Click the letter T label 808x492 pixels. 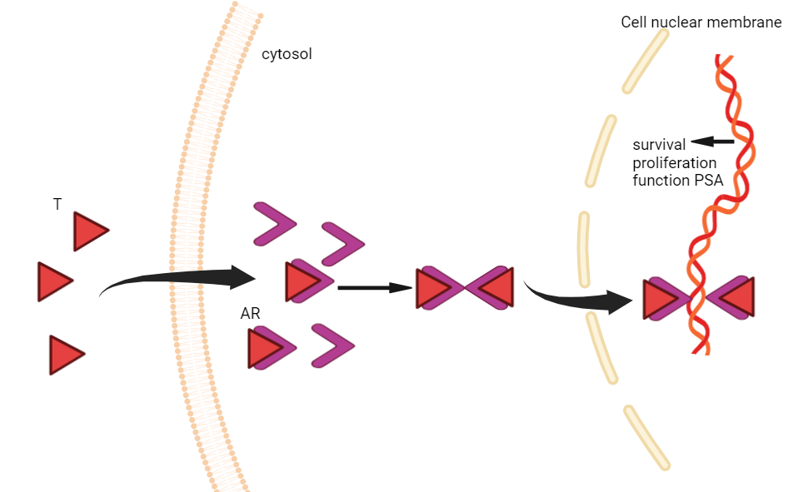(x=57, y=204)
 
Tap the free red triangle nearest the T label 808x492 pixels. (x=88, y=231)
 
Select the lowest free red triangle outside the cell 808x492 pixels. (x=64, y=355)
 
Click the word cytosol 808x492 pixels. (x=287, y=55)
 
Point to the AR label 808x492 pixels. (x=251, y=314)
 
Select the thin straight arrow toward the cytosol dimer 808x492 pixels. (x=375, y=288)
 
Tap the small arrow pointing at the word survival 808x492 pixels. (x=713, y=142)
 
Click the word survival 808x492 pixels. (x=659, y=145)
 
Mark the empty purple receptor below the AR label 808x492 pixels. (x=332, y=345)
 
